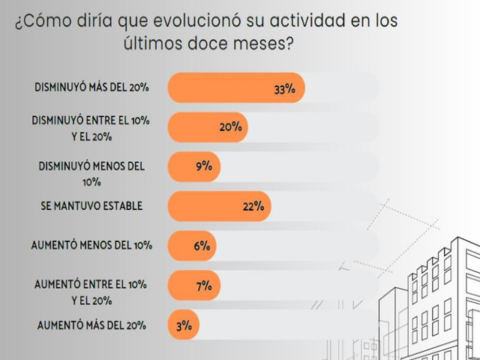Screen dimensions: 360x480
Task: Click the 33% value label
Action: click(285, 89)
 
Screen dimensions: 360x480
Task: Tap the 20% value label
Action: click(230, 127)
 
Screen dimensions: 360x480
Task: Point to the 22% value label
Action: click(253, 206)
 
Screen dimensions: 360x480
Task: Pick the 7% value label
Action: click(204, 285)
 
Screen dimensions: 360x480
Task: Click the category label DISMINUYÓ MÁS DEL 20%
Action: click(91, 88)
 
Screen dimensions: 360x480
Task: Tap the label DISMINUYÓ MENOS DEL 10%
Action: click(91, 173)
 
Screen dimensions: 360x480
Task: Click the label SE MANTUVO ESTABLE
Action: click(92, 205)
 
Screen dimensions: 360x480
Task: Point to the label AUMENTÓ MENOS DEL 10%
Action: click(91, 245)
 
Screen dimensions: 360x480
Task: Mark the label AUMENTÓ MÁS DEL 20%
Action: click(91, 325)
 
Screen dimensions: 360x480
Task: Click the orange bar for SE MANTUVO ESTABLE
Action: click(217, 206)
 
